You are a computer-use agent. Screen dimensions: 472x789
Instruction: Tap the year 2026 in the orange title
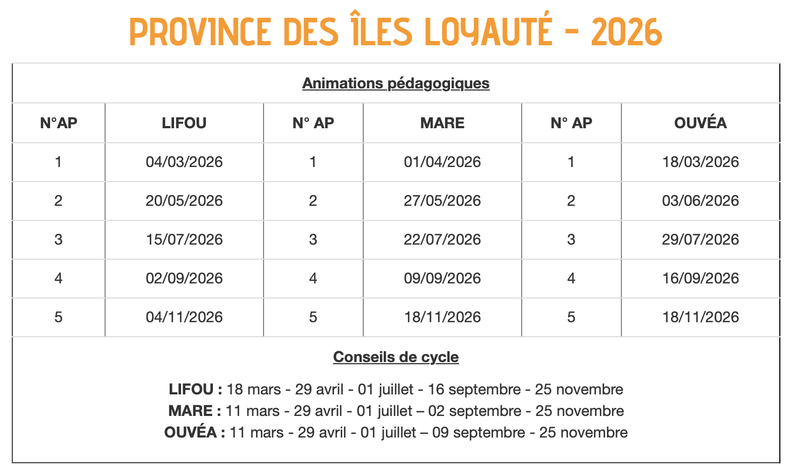tap(626, 32)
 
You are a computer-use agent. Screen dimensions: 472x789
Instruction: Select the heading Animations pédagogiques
tap(396, 84)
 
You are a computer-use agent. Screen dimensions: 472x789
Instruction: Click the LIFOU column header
tap(184, 123)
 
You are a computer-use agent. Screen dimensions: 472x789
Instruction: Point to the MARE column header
tap(442, 123)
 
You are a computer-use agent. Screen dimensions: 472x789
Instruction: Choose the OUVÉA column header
tap(700, 123)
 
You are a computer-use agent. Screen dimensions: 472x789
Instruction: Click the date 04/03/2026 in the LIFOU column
tap(184, 162)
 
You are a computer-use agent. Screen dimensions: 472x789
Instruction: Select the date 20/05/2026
tap(184, 201)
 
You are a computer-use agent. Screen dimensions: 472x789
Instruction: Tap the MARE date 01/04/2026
tap(442, 162)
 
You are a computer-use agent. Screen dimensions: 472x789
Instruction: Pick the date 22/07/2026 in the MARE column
tap(442, 240)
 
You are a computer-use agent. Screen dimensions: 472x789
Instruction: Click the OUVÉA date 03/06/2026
tap(700, 201)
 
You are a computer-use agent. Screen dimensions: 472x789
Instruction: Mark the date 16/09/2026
tap(700, 279)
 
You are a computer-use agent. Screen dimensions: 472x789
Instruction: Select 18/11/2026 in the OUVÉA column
tap(700, 317)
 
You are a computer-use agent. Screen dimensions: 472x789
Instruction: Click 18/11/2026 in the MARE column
tap(442, 317)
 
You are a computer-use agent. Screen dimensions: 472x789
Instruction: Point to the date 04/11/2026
tap(184, 317)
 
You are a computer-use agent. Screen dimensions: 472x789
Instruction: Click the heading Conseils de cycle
tap(396, 357)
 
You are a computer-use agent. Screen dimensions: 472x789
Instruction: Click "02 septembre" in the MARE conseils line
tap(475, 411)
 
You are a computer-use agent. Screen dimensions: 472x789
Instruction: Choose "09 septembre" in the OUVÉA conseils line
tap(479, 433)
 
